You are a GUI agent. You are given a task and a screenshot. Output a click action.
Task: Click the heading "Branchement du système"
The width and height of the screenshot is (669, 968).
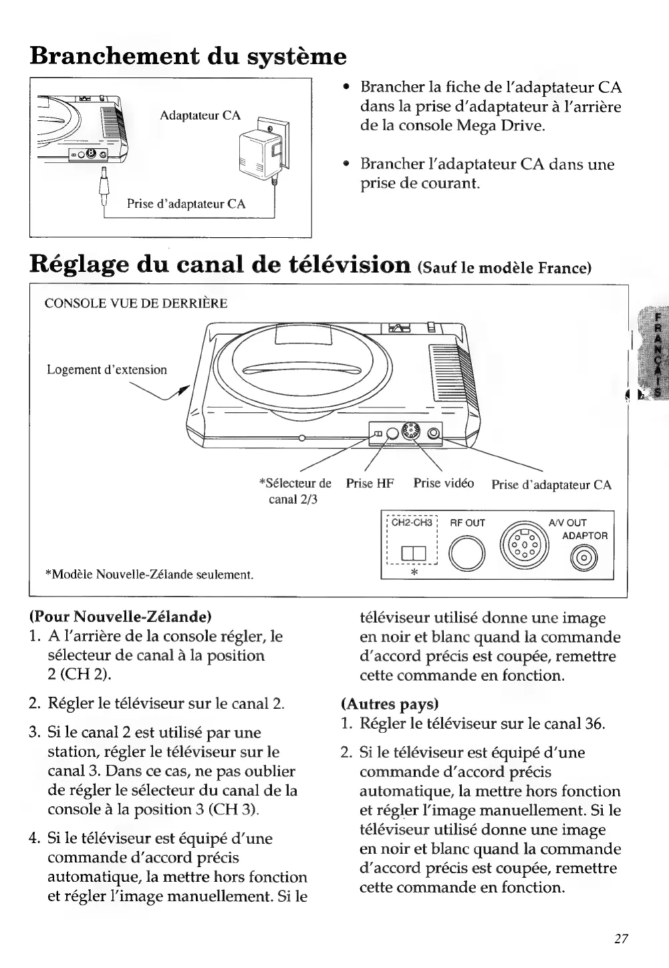pos(188,55)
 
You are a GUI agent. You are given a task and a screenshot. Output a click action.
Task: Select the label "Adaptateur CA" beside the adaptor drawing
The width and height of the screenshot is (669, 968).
pos(200,116)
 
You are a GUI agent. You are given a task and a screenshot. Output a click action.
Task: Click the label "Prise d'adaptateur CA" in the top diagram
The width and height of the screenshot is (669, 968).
pos(186,204)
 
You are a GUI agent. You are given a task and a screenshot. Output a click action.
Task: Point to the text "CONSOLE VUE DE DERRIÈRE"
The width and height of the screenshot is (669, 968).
pos(136,303)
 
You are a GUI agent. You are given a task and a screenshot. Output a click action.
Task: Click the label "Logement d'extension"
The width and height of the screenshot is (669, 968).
pos(107,369)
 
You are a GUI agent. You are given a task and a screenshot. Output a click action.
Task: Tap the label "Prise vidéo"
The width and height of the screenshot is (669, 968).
pos(443,482)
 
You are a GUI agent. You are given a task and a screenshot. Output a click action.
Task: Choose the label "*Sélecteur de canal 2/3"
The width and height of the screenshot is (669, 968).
pos(294,490)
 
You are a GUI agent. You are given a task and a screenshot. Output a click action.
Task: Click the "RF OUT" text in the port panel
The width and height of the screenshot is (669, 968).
pos(467,522)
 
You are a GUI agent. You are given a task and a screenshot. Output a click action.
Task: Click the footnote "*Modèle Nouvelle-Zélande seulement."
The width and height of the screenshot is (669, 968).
pos(148,574)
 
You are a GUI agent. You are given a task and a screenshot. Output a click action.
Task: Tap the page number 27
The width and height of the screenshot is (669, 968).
pos(621,939)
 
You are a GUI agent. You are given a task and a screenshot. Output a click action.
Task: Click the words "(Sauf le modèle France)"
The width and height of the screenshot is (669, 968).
pos(505,268)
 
